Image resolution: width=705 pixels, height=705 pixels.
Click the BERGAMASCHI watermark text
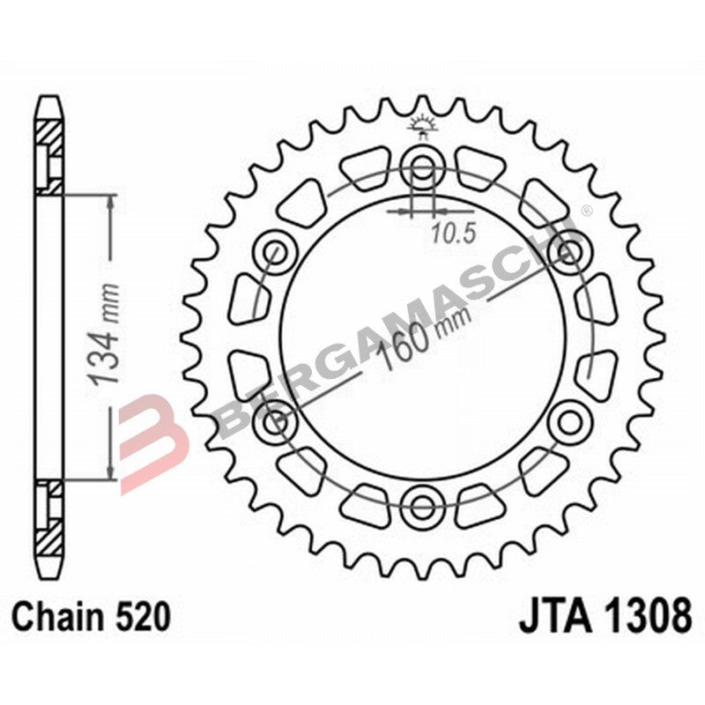(397, 326)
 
